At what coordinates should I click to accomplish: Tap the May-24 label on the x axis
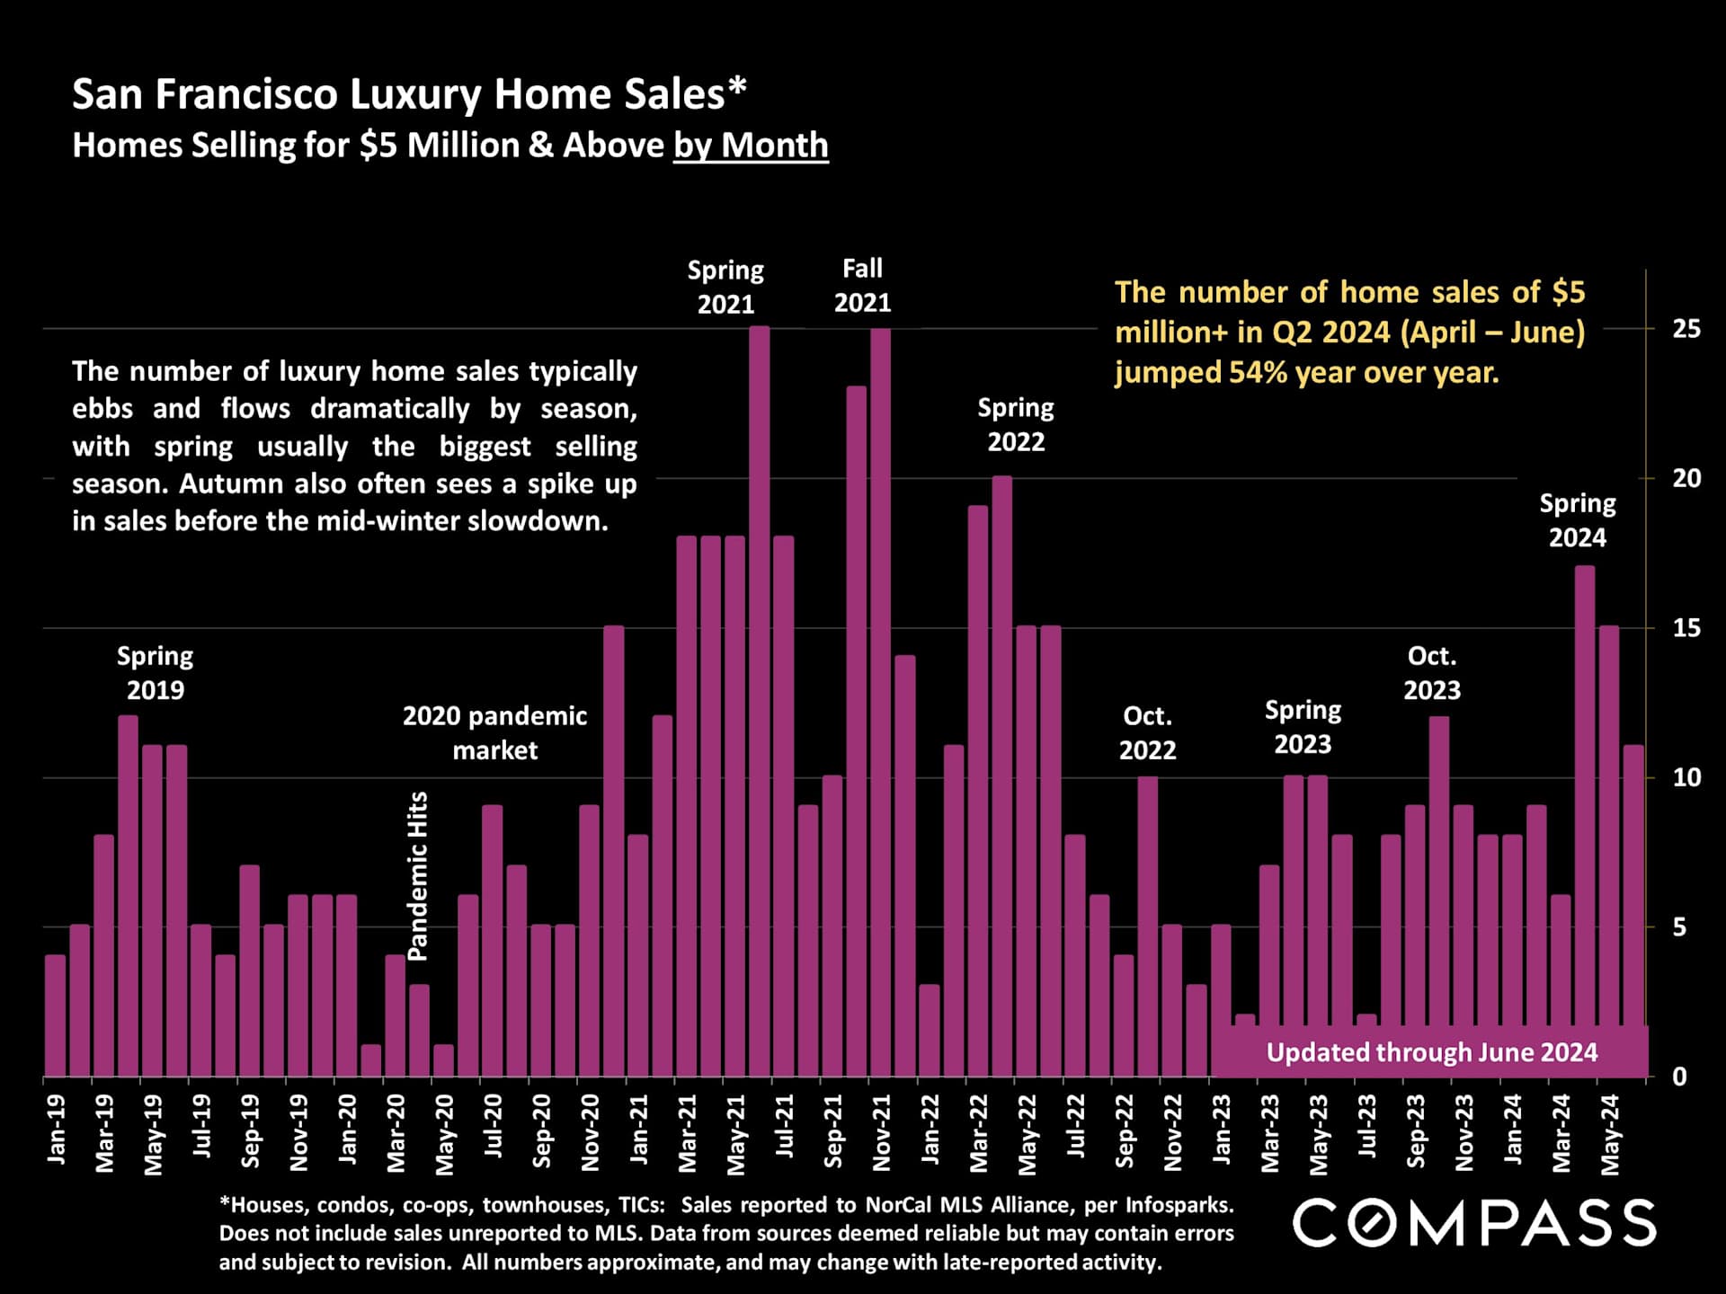(1610, 1134)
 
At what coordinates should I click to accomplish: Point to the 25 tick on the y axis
(1686, 329)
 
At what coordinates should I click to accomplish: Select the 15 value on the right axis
(1686, 628)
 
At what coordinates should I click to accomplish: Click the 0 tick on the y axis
(1679, 1077)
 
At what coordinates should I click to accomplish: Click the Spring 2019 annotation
(156, 673)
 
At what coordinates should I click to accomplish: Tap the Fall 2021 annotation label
(862, 286)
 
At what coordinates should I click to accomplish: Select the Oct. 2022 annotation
(1147, 732)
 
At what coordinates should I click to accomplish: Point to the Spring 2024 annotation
(1578, 520)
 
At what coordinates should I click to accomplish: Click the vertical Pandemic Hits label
(418, 876)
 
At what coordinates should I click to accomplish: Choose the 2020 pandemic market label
(494, 732)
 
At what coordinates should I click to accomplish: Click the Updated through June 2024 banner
(1431, 1052)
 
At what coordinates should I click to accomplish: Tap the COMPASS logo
(1474, 1223)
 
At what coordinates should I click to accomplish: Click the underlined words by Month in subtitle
(751, 146)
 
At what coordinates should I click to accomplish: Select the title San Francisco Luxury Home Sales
(409, 94)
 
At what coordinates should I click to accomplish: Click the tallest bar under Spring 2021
(760, 701)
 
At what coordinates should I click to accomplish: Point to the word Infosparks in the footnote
(1179, 1205)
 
